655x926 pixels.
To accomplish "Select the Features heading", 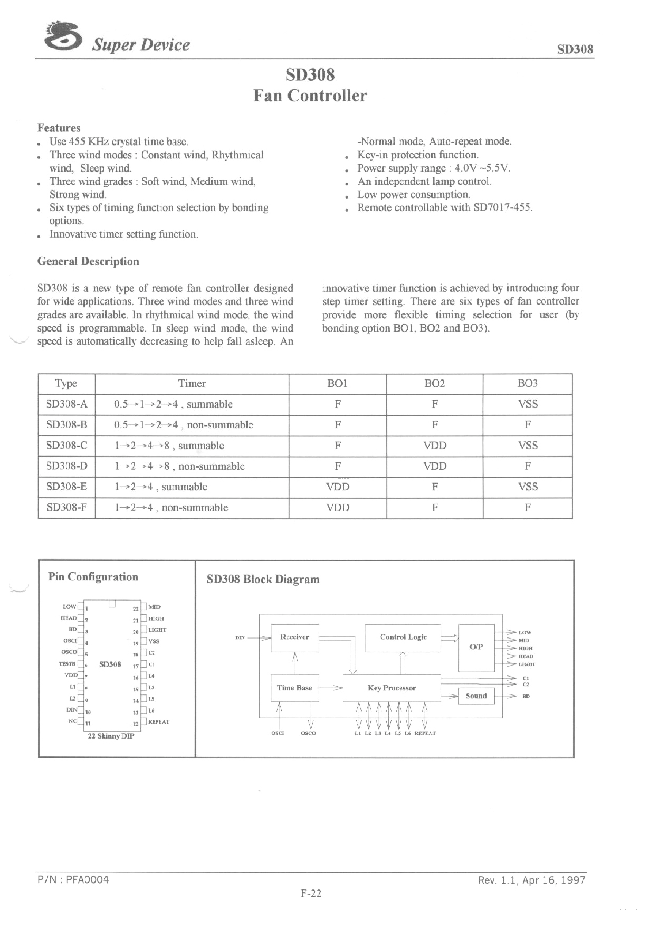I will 59,128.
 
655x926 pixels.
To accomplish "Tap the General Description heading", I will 88,262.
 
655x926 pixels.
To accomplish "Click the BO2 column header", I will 434,383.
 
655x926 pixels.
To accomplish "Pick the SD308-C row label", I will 66,446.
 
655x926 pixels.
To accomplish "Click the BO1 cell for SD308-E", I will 337,487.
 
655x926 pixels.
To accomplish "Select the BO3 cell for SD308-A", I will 527,404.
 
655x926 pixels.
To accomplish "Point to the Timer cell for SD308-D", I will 179,466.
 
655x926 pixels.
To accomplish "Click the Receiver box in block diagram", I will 295,637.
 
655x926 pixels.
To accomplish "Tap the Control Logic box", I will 402,637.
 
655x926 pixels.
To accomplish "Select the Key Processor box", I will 391,688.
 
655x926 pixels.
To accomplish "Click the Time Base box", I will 294,688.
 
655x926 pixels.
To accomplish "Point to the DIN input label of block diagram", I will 240,637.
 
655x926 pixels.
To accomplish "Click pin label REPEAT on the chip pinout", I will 159,722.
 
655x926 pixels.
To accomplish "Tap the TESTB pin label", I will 67,664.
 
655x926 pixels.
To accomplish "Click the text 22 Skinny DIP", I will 111,736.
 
